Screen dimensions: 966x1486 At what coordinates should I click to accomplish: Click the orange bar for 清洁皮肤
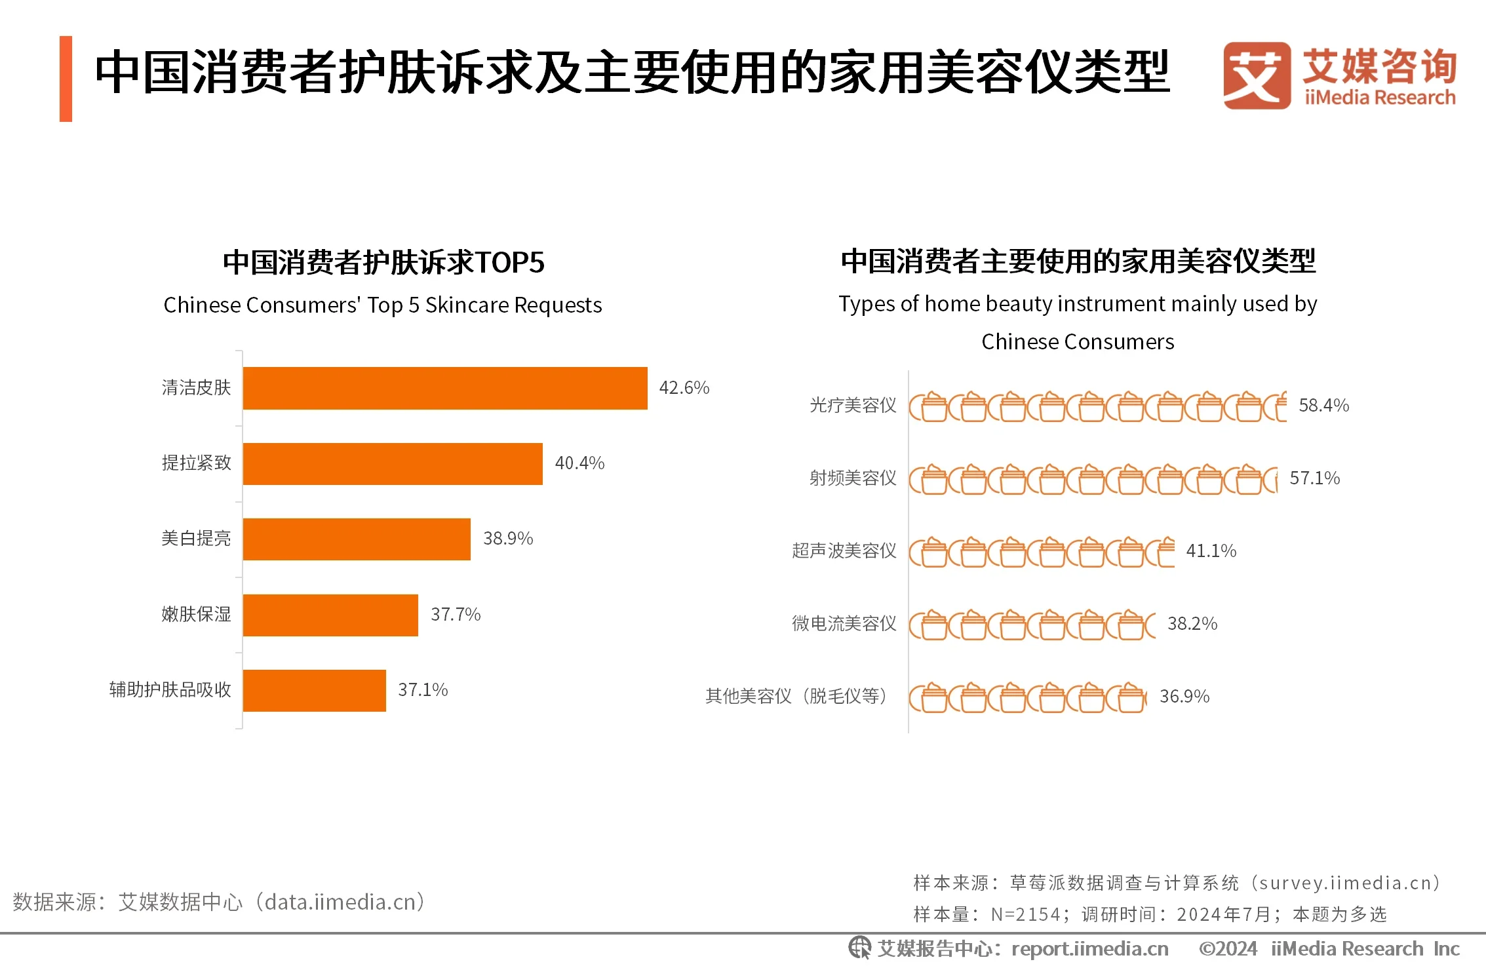click(444, 388)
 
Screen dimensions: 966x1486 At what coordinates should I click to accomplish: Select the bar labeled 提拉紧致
click(392, 463)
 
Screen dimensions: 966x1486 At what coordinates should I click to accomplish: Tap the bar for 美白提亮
click(356, 539)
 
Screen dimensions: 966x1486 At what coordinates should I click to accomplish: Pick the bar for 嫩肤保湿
click(330, 615)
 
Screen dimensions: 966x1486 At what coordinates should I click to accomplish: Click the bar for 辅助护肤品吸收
click(314, 690)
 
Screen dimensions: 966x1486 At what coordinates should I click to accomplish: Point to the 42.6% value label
click(684, 388)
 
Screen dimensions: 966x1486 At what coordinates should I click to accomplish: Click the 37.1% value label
click(423, 690)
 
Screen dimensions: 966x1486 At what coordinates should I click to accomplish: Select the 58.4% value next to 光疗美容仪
click(1323, 406)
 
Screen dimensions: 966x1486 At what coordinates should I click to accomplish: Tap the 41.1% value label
click(1211, 551)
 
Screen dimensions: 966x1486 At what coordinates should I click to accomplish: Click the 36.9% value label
click(1184, 697)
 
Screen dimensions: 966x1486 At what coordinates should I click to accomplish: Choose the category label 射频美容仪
click(852, 478)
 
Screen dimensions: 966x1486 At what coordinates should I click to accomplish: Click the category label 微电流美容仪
click(844, 624)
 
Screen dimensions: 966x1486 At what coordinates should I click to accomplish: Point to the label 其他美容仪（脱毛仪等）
click(796, 697)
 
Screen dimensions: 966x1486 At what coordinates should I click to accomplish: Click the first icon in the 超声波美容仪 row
click(928, 552)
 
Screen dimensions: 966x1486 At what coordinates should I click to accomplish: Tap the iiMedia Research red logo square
click(1256, 75)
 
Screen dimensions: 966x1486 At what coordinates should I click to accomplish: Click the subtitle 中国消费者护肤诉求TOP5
click(383, 262)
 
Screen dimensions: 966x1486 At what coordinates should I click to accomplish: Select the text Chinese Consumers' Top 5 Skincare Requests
click(382, 305)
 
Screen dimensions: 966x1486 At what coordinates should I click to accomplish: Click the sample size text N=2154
click(1025, 914)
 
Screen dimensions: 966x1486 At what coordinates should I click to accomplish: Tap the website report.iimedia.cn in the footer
click(1089, 949)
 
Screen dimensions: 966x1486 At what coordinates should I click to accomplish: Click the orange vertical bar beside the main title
click(66, 79)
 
